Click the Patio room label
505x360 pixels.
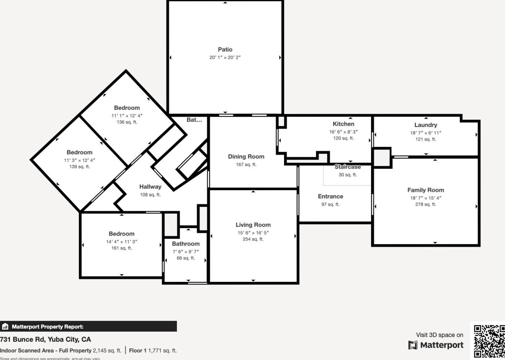click(225, 49)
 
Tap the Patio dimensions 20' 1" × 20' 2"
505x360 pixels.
click(225, 57)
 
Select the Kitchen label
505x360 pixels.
click(343, 124)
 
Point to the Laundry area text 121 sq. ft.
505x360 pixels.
click(425, 139)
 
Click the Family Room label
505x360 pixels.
click(425, 190)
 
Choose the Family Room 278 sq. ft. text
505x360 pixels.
click(425, 205)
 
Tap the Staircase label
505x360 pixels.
click(347, 167)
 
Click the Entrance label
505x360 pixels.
click(330, 197)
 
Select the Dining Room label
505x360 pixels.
click(246, 157)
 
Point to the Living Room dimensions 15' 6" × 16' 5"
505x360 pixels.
click(253, 233)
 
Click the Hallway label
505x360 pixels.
click(150, 187)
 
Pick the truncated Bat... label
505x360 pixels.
click(194, 120)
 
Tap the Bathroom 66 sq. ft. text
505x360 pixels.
click(186, 258)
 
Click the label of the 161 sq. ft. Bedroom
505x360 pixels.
click(121, 234)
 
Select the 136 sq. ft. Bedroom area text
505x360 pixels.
click(127, 122)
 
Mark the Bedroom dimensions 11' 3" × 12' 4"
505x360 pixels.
click(80, 160)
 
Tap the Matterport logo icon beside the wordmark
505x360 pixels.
click(413, 345)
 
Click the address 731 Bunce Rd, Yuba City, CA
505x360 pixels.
click(45, 339)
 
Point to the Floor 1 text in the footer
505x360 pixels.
click(138, 351)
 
